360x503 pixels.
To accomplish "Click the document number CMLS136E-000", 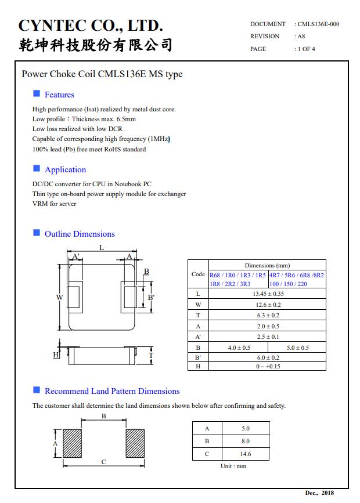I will (318, 24).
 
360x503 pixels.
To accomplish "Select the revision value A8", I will (301, 36).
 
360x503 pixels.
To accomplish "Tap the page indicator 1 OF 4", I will (307, 49).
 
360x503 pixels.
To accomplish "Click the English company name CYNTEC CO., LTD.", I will (91, 26).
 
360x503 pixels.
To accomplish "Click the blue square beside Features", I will (37, 94).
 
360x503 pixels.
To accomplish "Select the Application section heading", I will (65, 169).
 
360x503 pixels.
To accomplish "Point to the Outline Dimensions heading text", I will (80, 234).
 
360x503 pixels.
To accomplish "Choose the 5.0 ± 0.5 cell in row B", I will (297, 348).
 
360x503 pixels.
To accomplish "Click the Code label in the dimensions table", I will (198, 274).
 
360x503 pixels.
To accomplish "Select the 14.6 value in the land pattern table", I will (245, 454).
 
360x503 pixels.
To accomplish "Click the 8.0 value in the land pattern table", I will (245, 442).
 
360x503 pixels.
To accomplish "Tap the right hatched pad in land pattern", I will (135, 443).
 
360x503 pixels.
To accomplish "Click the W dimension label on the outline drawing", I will (59, 297).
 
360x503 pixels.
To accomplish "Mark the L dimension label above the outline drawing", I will (102, 248).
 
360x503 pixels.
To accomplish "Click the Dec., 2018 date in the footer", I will (319, 493).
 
